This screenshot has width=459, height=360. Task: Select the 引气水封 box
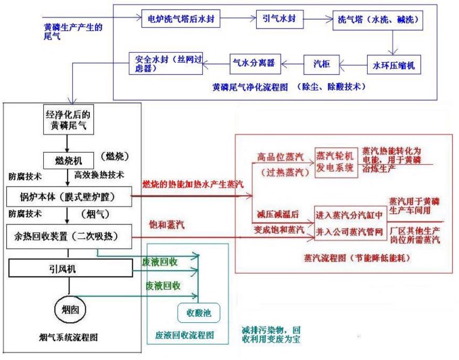click(279, 19)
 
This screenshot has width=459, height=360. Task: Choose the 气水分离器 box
click(253, 63)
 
